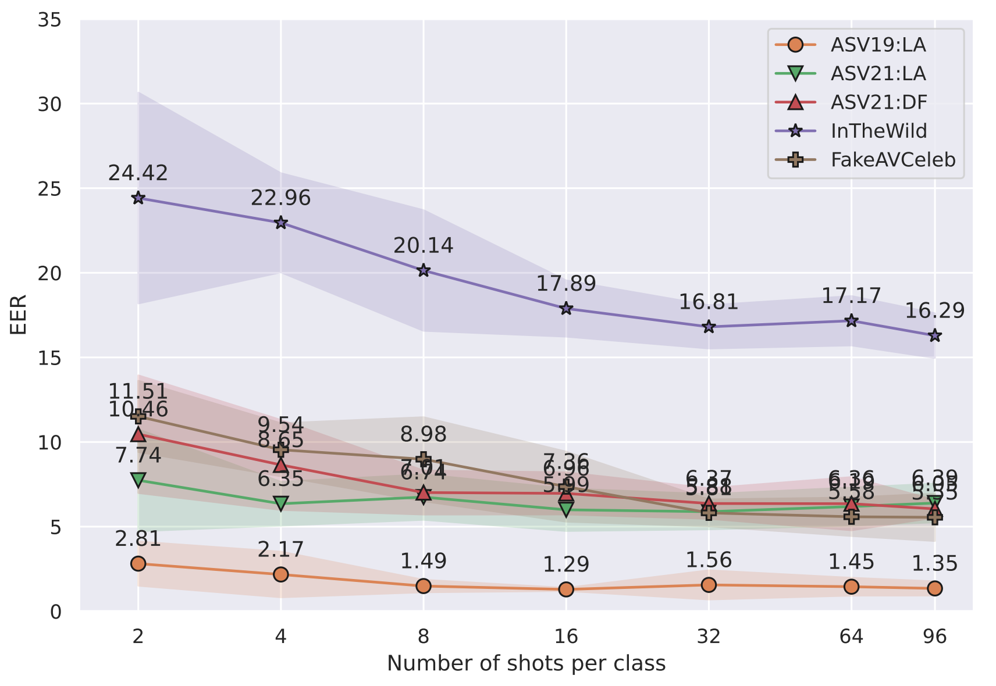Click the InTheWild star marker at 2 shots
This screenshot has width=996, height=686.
point(138,198)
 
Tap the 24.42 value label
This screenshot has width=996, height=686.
point(138,173)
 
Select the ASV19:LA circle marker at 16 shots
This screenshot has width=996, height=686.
point(566,589)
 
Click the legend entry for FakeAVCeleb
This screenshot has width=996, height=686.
point(892,160)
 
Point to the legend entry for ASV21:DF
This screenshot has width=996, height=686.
point(878,102)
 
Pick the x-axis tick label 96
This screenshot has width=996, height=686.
point(935,637)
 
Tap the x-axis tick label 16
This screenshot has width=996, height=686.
point(566,637)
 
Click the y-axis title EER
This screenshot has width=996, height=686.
point(19,315)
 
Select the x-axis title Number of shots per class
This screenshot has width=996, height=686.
point(526,663)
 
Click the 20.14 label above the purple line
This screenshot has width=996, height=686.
point(423,245)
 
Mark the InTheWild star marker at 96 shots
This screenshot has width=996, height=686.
point(935,335)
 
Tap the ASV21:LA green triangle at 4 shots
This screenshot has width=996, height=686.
point(281,503)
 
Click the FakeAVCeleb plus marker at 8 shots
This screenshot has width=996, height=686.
point(424,459)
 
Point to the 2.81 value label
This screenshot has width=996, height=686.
point(138,539)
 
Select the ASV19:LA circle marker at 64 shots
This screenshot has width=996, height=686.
point(851,587)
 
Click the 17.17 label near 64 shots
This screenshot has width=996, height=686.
point(851,296)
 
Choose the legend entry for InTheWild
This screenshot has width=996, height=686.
point(878,131)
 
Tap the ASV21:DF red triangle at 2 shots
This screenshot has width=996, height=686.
point(138,434)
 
